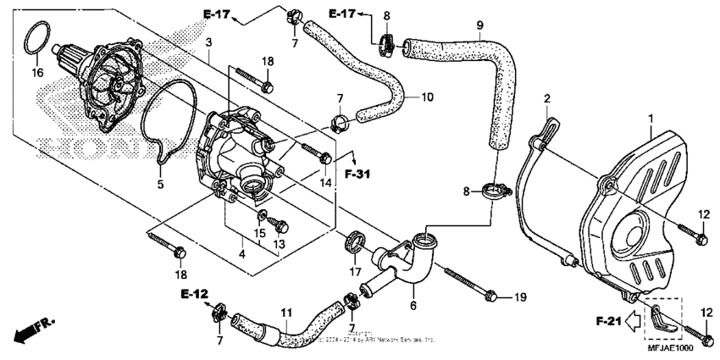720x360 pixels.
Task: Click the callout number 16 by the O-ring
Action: (x=36, y=74)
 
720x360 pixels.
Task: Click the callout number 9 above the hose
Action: (x=479, y=25)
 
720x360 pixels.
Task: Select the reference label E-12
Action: (x=193, y=294)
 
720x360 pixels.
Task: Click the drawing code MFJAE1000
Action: (x=672, y=348)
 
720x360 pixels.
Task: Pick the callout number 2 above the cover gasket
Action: (x=547, y=98)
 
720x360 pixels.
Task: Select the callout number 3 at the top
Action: (x=208, y=42)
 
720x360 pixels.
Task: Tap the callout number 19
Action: (x=520, y=296)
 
